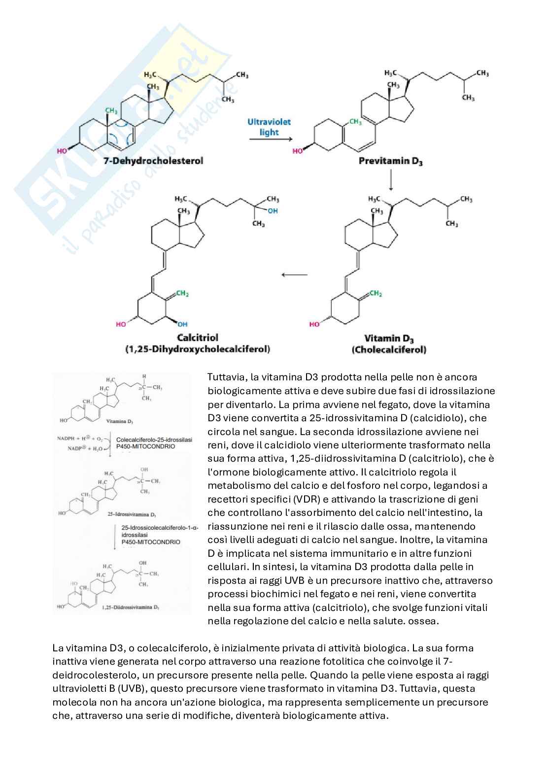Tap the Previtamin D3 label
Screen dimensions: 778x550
[x=390, y=161]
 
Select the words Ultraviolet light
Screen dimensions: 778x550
[x=269, y=127]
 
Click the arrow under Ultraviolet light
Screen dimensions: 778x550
[x=270, y=139]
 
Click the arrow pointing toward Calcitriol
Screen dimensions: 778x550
[x=294, y=274]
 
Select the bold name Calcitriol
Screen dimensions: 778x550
[x=197, y=338]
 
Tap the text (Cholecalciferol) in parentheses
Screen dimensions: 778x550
[x=389, y=350]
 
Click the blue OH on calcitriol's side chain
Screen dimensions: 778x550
[x=273, y=211]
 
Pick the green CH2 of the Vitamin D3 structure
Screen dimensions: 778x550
[x=376, y=294]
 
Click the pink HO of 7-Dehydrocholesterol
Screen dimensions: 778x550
[x=62, y=151]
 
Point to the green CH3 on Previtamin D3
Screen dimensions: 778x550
[x=355, y=121]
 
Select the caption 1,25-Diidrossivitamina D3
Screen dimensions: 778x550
[x=130, y=608]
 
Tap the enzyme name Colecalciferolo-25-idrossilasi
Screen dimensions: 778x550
[x=154, y=440]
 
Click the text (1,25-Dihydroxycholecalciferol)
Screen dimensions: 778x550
[x=197, y=349]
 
